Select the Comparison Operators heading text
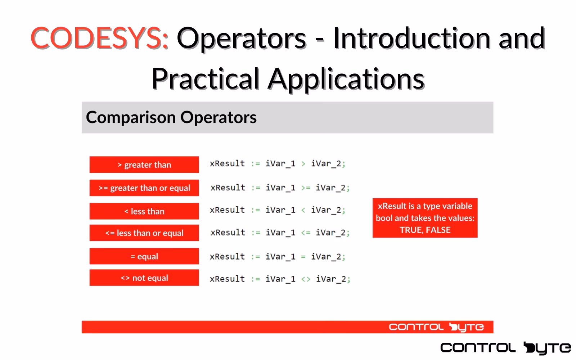[x=171, y=117]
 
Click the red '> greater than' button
[x=144, y=165]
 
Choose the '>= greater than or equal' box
[x=144, y=188]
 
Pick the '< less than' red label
[x=144, y=211]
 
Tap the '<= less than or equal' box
[x=144, y=233]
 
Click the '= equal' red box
[x=144, y=256]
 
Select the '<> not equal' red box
[x=144, y=278]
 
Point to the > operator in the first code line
[x=303, y=164]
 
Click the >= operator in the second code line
[x=306, y=188]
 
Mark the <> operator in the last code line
[x=306, y=279]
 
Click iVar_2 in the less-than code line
[x=326, y=210]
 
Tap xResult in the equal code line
[x=227, y=257]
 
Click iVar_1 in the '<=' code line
[x=280, y=233]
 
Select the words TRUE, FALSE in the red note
[x=425, y=230]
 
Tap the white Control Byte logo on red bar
[x=436, y=327]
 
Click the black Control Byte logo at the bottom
[x=505, y=348]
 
